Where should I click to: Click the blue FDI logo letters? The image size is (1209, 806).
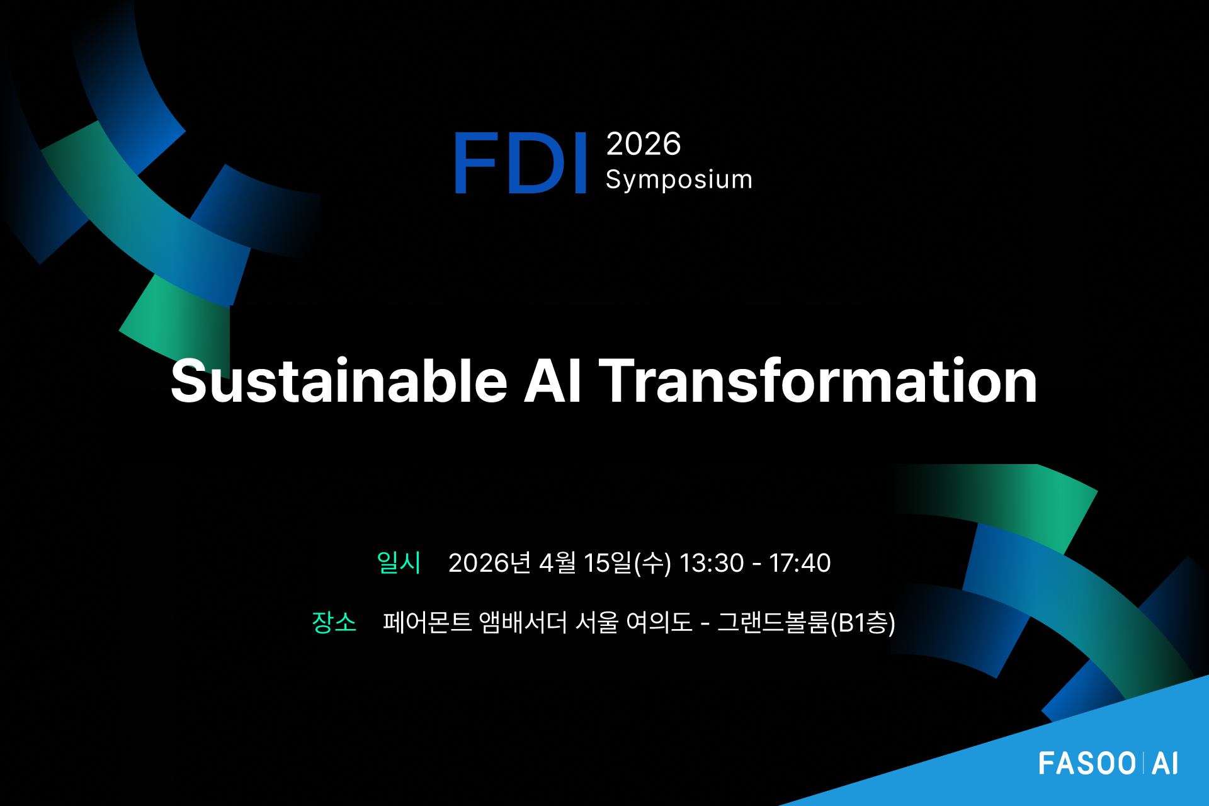[x=521, y=162]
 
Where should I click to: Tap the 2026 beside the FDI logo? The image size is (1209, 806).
[x=644, y=144]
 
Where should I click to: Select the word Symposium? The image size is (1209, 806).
[x=679, y=179]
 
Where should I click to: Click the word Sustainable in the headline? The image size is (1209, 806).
[x=339, y=381]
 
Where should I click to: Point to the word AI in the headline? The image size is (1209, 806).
[x=552, y=381]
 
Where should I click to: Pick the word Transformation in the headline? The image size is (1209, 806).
[x=817, y=381]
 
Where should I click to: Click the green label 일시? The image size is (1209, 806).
[x=399, y=562]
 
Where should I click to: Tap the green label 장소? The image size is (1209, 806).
[x=334, y=622]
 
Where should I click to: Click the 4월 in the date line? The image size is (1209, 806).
[x=558, y=563]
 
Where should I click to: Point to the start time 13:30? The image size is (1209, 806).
[x=712, y=563]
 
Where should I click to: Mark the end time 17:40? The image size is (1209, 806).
[x=800, y=563]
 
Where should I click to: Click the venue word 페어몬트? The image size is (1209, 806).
[x=428, y=622]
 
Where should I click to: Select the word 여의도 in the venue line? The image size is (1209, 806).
[x=659, y=622]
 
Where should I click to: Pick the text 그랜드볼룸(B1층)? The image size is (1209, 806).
[x=807, y=622]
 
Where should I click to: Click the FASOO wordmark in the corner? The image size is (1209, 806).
[x=1087, y=764]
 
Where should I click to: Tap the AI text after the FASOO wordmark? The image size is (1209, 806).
[x=1165, y=764]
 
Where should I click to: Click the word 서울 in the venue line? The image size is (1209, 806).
[x=597, y=622]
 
